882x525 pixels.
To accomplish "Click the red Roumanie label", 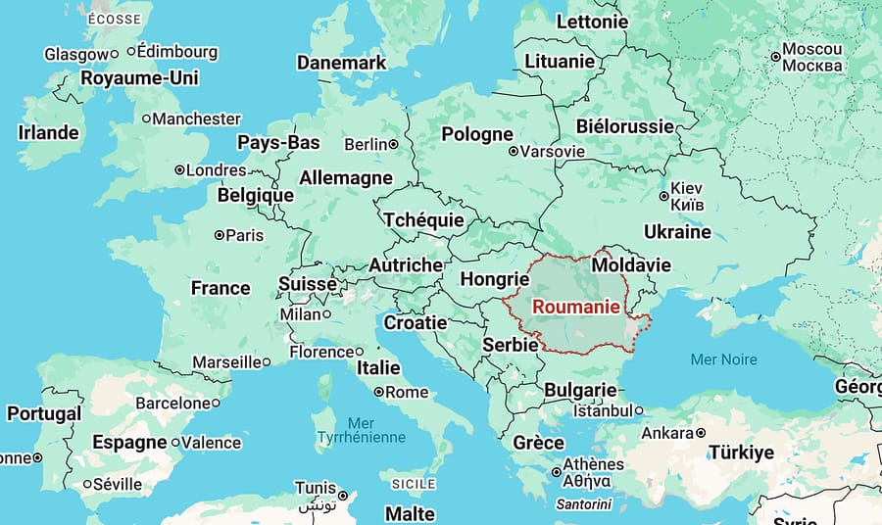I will [x=576, y=306].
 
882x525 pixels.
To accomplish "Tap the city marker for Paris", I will [x=220, y=235].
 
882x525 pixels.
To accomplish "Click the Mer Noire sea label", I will [x=723, y=359].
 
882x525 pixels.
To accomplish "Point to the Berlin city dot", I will [x=394, y=145].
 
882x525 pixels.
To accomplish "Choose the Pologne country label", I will [x=477, y=134].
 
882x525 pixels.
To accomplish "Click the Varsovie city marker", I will [x=513, y=152].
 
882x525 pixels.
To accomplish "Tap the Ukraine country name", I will [x=677, y=231].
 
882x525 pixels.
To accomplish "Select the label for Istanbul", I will [x=602, y=410].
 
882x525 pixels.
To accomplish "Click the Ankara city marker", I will [x=701, y=433].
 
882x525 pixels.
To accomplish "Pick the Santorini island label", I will [x=583, y=504].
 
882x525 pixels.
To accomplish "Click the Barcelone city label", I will [x=172, y=403].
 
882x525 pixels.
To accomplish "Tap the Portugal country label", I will [x=44, y=414].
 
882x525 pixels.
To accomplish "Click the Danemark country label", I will [x=341, y=63].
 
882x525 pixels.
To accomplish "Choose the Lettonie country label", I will [x=592, y=22].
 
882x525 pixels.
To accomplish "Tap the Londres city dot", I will [x=179, y=169].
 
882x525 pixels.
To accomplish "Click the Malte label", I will [x=410, y=514].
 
